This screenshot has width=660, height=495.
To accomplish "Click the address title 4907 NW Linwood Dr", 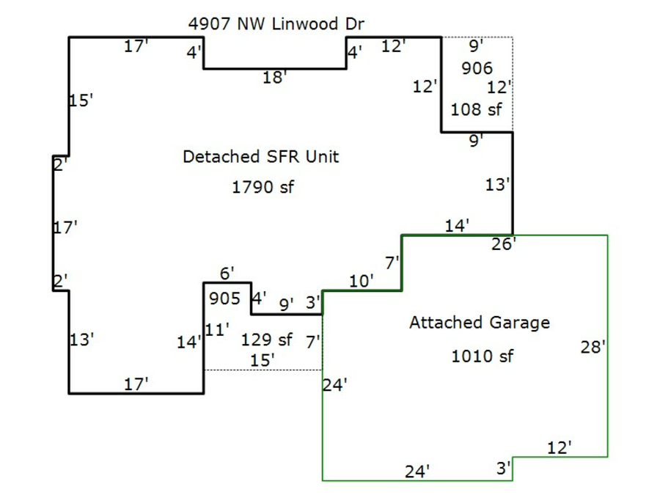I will coord(276,24).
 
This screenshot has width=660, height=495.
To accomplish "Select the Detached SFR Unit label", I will coord(260,157).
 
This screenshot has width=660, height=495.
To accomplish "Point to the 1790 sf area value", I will coord(263,187).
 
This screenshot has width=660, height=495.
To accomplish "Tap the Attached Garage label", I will coord(479,323).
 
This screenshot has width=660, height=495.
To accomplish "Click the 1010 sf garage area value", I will coord(482,357).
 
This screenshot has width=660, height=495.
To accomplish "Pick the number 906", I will coord(477,69).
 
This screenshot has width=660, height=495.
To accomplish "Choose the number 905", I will coord(224,299).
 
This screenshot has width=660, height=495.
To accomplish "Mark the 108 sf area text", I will coord(476,110).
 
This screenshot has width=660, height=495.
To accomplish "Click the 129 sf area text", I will coord(266,340).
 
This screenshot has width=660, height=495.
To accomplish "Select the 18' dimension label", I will coord(274,78).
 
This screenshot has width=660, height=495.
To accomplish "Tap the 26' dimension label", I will coord(504,243).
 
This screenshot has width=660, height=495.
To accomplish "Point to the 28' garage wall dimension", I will coord(593,348).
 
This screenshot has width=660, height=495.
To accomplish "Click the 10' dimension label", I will coord(362,281).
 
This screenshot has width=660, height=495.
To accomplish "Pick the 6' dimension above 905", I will coord(227,274).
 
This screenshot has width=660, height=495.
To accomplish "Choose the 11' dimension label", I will coord(217,330).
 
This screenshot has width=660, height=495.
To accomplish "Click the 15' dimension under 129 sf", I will coord(262,360).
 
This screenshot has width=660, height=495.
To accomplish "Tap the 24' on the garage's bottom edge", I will coord(417,472).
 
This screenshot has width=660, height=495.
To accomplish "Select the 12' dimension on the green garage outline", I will coord(560,447).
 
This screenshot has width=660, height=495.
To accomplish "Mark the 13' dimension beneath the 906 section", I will coord(496,186).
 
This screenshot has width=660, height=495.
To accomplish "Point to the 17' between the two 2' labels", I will coord(65,228).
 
